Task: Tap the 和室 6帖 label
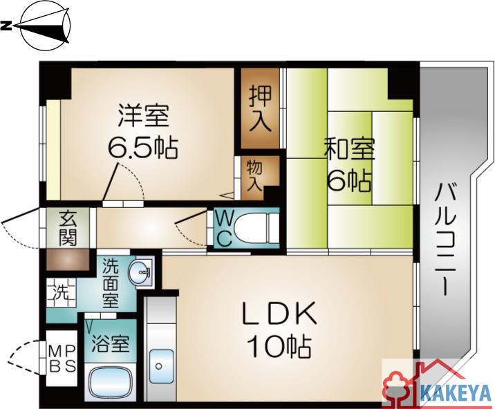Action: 350,167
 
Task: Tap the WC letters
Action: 225,229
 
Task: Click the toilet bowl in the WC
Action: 256,229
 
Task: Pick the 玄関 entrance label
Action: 68,229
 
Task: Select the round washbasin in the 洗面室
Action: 140,272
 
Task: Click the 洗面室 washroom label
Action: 111,283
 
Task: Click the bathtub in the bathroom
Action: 110,383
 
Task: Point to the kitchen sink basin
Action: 161,366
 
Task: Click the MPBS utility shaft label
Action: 62,358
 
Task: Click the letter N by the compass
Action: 6,26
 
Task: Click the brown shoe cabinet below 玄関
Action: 68,260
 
